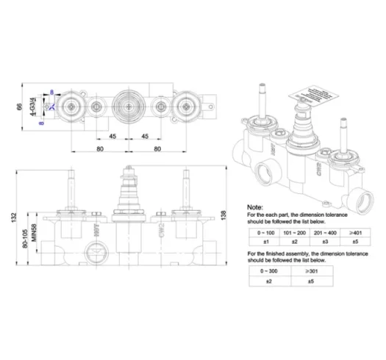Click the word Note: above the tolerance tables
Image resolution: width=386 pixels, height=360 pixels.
pos(253,207)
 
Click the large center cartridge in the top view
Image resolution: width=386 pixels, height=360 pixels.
pos(129,107)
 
